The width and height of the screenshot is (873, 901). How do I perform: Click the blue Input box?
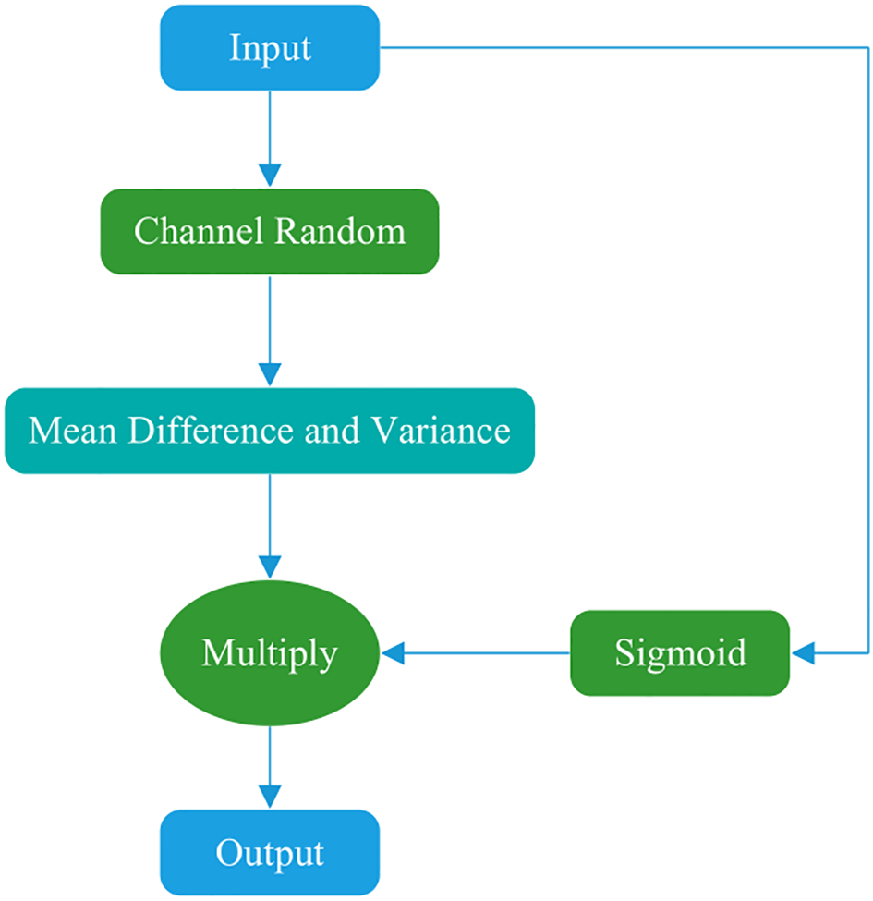(270, 48)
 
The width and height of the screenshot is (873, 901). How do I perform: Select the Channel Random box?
(270, 231)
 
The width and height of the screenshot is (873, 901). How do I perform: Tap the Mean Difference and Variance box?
(270, 431)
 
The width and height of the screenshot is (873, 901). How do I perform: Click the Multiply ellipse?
(270, 653)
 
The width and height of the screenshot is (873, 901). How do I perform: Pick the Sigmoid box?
(680, 653)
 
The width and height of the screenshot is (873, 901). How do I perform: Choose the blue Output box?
(270, 852)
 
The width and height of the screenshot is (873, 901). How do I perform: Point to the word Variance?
(442, 431)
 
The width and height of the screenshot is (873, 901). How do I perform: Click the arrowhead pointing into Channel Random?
(270, 177)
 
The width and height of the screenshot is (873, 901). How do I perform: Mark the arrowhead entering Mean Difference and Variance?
(270, 375)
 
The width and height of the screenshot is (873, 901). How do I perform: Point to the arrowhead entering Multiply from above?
(270, 567)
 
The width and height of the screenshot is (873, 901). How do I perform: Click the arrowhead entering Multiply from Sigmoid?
(394, 653)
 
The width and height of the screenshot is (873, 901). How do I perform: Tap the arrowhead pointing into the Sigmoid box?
(803, 653)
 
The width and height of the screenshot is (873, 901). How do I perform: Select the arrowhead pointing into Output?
(270, 798)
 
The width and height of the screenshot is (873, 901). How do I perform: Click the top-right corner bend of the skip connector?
(868, 48)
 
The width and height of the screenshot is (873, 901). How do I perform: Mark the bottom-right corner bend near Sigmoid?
(868, 653)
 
